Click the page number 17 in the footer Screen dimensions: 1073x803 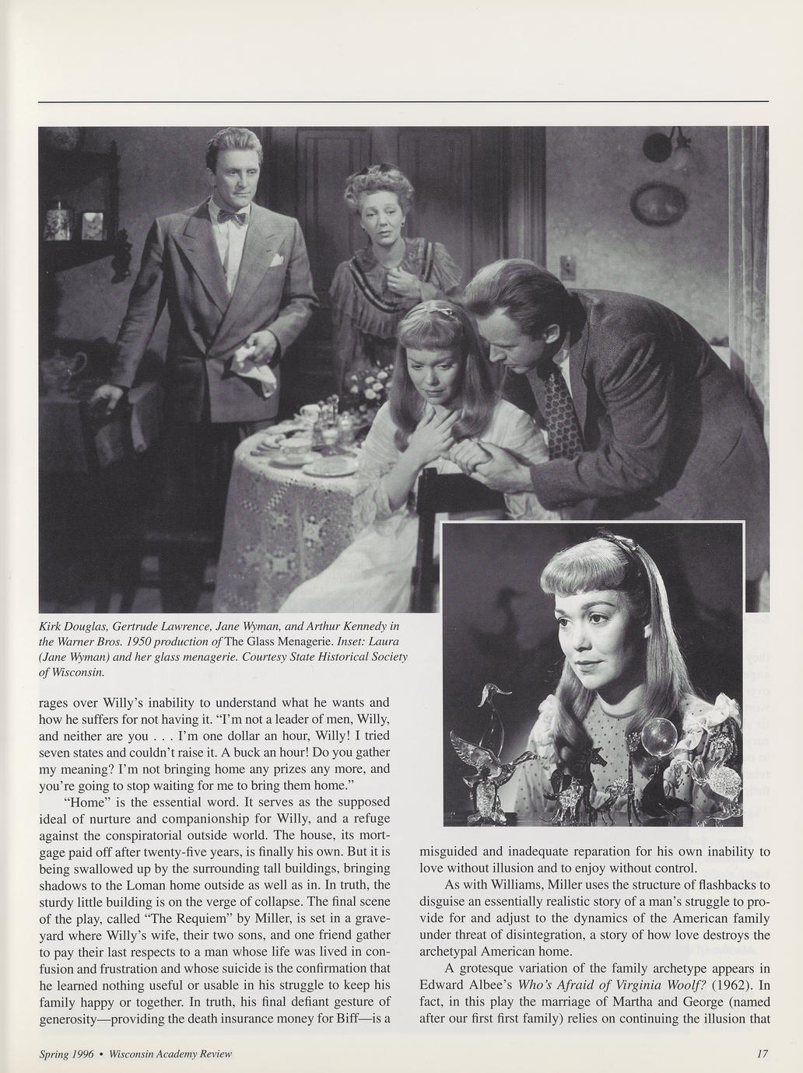[762, 1054]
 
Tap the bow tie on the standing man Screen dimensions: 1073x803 [233, 218]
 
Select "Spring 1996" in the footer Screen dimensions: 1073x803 [67, 1054]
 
